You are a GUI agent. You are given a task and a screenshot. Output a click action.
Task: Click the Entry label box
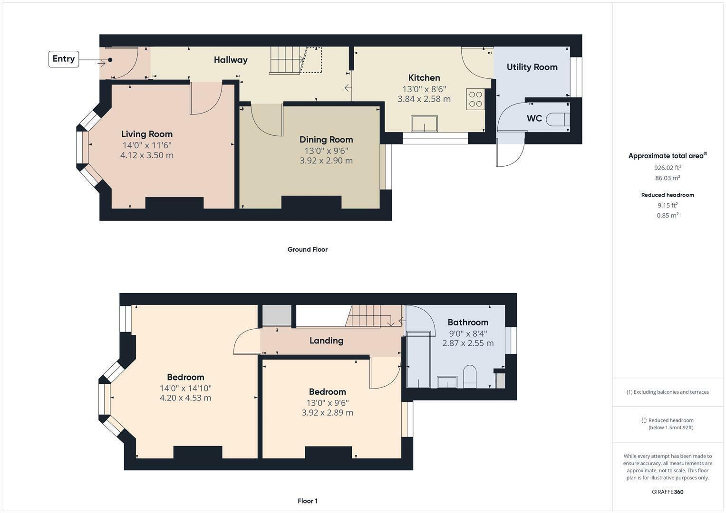click(64, 59)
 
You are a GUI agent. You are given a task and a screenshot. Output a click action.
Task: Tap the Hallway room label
click(231, 60)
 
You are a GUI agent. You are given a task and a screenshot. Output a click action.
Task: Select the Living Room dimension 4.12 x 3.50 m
click(147, 155)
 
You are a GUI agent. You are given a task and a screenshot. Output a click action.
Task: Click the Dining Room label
click(326, 140)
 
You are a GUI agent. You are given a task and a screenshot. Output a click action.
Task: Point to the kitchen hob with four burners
click(475, 99)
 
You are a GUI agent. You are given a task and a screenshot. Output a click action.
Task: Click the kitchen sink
click(425, 124)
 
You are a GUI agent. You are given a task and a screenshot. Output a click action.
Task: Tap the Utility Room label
click(532, 67)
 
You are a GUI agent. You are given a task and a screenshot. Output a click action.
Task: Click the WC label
click(534, 118)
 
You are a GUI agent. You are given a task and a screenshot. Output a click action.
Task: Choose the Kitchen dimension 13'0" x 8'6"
click(424, 89)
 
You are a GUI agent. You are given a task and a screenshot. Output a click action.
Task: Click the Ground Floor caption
click(307, 249)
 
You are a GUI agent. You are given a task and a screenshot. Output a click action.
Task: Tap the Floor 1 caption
click(308, 501)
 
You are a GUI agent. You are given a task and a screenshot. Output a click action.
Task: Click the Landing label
click(326, 341)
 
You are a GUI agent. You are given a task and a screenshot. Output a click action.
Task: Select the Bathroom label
click(468, 322)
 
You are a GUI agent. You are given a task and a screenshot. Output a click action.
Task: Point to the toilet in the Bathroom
click(470, 376)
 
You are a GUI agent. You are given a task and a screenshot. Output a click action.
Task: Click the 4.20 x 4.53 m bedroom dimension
click(185, 398)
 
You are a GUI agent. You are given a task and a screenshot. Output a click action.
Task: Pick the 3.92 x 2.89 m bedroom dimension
click(327, 413)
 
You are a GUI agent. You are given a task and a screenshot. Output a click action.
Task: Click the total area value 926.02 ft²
click(668, 168)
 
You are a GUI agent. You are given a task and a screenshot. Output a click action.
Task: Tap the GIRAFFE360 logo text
click(668, 492)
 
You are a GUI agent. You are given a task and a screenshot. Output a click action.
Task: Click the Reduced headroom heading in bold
click(668, 195)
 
